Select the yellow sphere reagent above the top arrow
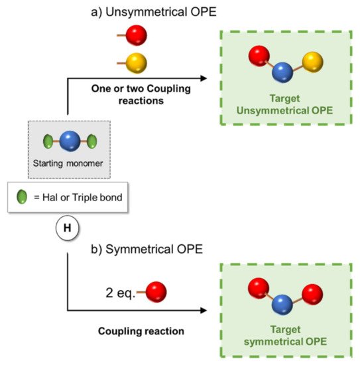coord(135,63)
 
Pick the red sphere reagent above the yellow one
coord(135,35)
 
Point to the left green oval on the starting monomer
coord(48,142)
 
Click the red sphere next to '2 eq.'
coord(155,291)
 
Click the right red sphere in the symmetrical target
coord(311,292)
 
